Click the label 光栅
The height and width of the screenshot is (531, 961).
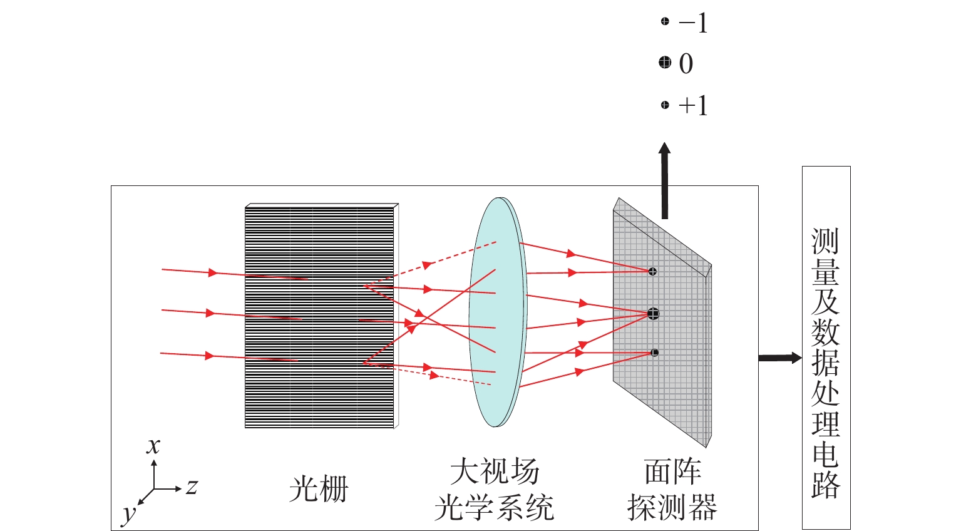tap(318, 490)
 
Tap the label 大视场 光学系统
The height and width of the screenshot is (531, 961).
tap(495, 490)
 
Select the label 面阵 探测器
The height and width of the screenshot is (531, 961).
tap(672, 490)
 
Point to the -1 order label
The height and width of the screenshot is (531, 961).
tap(693, 24)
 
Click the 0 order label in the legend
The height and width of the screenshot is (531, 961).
tap(686, 64)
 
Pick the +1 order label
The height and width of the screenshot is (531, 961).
tap(693, 105)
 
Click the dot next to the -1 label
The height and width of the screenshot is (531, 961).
tap(665, 22)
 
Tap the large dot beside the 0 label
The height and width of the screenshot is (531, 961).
tap(665, 63)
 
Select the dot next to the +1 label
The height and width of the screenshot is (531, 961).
tap(665, 105)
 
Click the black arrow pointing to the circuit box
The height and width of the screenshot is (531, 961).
tap(779, 358)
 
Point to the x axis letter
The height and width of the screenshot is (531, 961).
tap(153, 446)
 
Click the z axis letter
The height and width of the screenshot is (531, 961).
tap(192, 487)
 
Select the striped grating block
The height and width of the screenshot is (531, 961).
tap(319, 316)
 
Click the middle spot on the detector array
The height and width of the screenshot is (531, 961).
tap(654, 314)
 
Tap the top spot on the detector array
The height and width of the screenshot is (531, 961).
tap(652, 271)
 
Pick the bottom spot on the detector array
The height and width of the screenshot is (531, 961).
tap(655, 353)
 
